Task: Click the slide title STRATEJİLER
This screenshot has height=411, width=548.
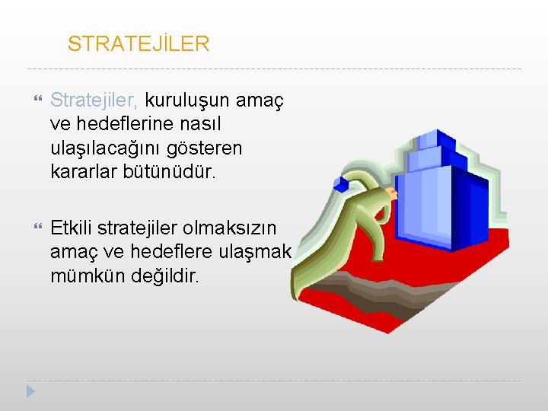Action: pos(138,44)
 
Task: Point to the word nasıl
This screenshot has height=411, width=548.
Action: pos(199,123)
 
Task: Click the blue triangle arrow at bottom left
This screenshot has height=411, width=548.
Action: pos(30,391)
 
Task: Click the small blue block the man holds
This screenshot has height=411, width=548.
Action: pos(342,183)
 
